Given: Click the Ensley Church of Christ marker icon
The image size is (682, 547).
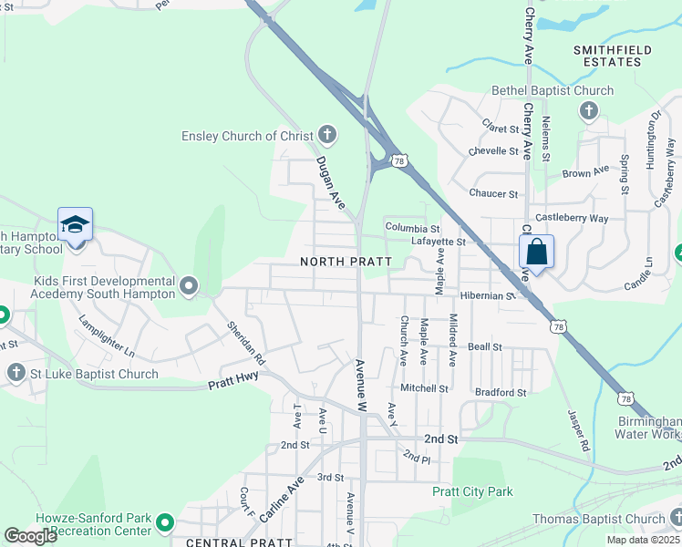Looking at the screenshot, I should click(x=327, y=136).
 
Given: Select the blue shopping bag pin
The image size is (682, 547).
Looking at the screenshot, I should click(x=537, y=252).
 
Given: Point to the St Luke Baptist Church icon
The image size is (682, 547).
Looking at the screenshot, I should click(x=15, y=373).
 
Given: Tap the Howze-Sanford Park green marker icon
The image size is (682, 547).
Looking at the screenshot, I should click(x=164, y=523).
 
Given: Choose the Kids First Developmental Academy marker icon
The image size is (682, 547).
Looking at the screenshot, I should click(x=189, y=287).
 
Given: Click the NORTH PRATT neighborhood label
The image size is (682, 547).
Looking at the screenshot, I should click(x=346, y=262).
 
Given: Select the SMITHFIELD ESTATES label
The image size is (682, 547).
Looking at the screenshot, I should click(x=607, y=55).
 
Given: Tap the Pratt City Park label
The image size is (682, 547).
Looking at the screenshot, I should click(x=472, y=491).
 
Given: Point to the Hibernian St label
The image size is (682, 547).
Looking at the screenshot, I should click(x=488, y=295).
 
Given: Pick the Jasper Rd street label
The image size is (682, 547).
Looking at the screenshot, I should click(x=576, y=431).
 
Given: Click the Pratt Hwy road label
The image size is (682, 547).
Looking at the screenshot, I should click(x=233, y=380).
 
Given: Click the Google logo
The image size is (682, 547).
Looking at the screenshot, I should click(x=30, y=536).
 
